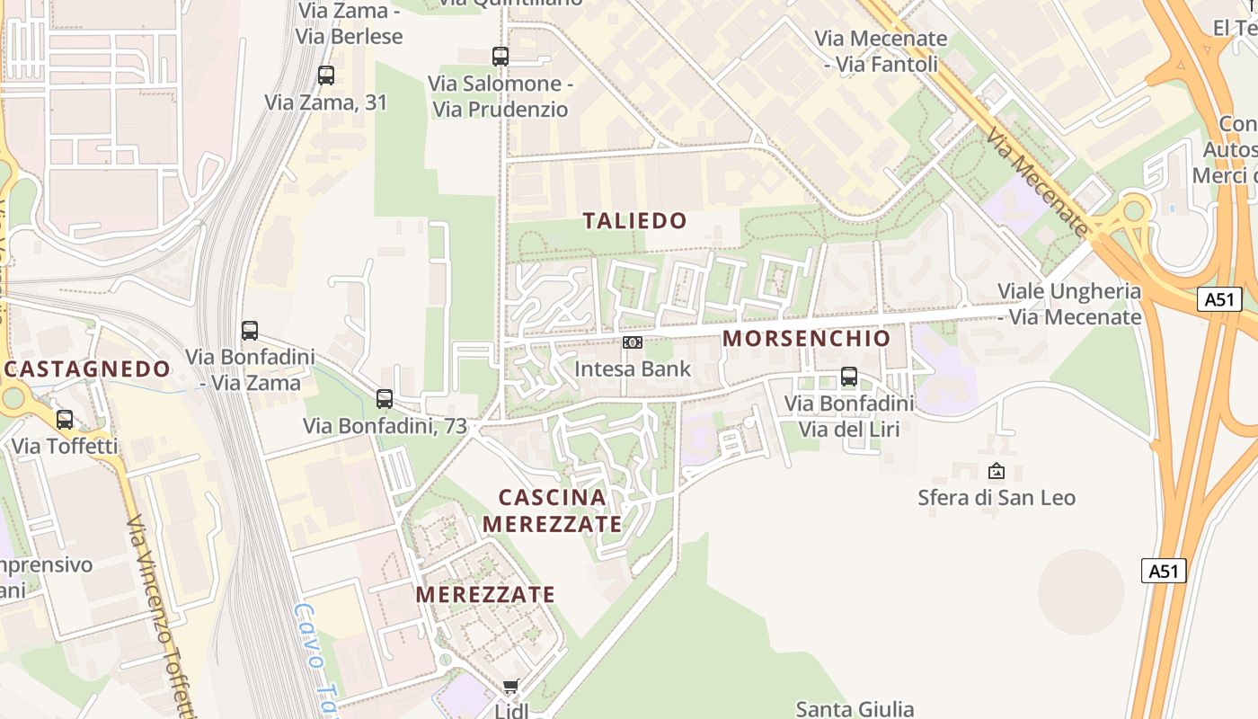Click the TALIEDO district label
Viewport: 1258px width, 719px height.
(635, 220)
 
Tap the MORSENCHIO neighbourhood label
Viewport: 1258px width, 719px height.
(806, 338)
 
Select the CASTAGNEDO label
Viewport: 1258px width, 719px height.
(87, 368)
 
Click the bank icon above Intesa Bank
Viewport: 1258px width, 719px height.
(633, 342)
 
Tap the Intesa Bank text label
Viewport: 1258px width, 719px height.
(633, 368)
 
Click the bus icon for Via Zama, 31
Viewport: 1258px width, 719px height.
(326, 75)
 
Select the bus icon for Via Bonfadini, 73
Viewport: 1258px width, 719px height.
(385, 398)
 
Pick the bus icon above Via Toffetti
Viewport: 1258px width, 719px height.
(65, 419)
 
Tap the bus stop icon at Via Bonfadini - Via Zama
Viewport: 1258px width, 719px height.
(250, 330)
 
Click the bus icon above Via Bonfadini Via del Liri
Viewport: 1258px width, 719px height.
(849, 377)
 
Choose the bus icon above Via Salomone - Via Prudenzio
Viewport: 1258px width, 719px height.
(501, 56)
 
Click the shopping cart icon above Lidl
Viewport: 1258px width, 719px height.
(511, 687)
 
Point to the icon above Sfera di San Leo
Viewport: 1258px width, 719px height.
(997, 471)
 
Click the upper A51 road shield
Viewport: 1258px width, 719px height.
(1219, 299)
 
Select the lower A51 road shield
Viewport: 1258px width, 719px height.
(1164, 570)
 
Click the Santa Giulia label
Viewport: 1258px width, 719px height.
(855, 709)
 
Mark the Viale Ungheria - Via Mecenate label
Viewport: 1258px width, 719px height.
(1069, 304)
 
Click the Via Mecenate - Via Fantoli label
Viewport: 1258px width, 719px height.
(881, 51)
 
